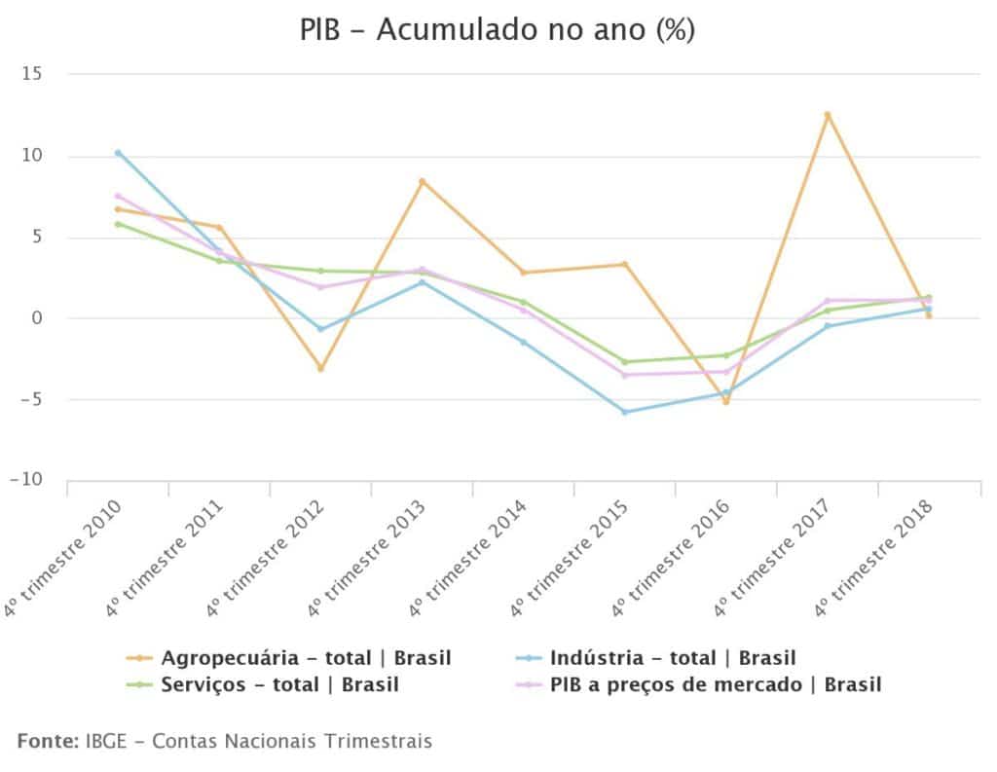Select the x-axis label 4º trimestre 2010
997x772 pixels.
coord(64,558)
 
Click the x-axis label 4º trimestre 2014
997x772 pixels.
coord(469,558)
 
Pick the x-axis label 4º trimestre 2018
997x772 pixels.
coord(874,558)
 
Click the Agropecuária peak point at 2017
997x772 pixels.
coord(828,115)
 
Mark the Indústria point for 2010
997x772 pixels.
coord(118,153)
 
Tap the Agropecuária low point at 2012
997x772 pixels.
coord(320,368)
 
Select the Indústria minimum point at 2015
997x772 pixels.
coord(625,412)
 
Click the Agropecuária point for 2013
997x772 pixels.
coord(422,181)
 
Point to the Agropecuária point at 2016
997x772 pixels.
coord(726,401)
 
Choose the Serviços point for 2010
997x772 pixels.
coord(118,224)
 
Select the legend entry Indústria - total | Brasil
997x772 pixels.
coord(672,657)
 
